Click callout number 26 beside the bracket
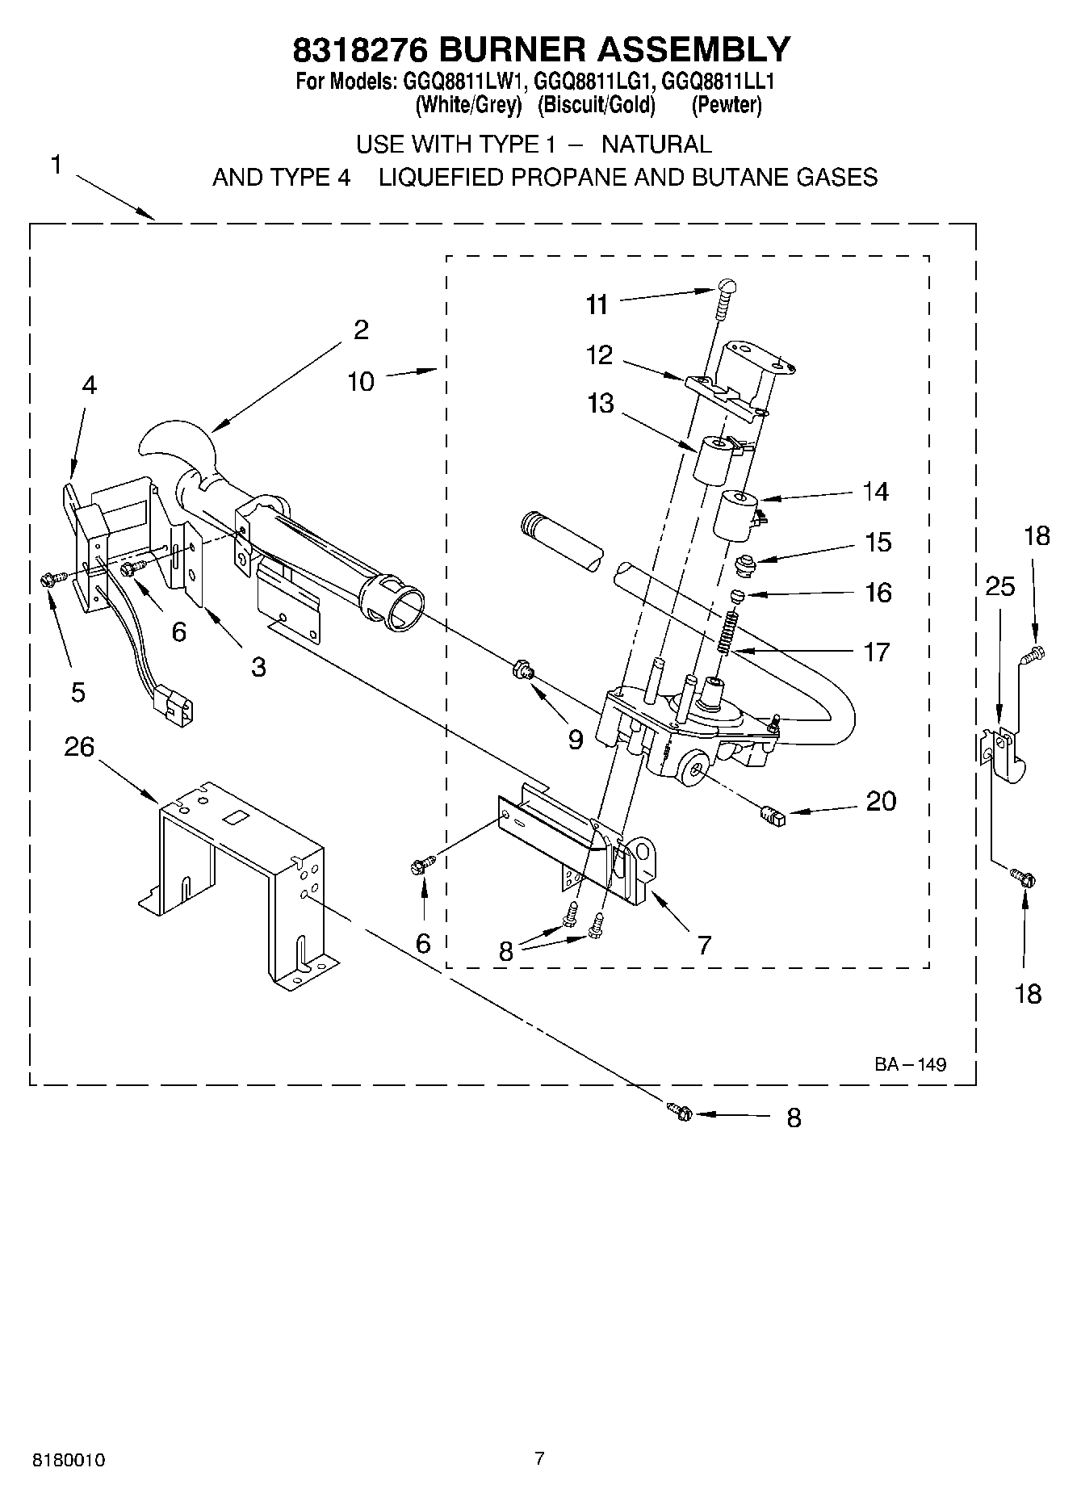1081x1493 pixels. [x=79, y=747]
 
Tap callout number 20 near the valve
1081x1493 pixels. [x=881, y=801]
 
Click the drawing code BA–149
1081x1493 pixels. [x=910, y=1064]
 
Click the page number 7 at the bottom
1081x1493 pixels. [x=539, y=1458]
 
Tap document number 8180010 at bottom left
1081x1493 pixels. [x=69, y=1460]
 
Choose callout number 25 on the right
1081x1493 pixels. [x=999, y=586]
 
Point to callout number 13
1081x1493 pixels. [x=601, y=403]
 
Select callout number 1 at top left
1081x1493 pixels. [x=56, y=165]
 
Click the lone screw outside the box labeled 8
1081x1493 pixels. [x=681, y=1112]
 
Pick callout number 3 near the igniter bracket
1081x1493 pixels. [x=258, y=667]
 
